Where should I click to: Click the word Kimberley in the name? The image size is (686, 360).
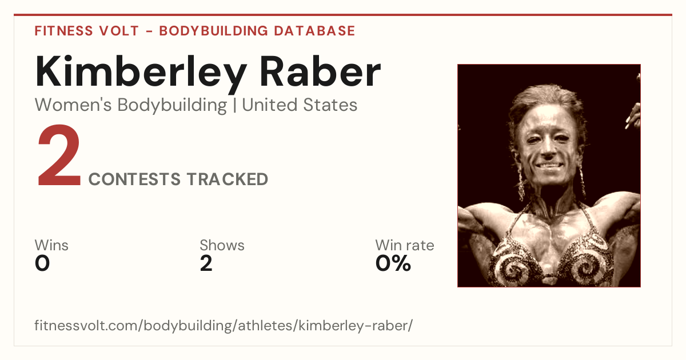pyautogui.click(x=141, y=74)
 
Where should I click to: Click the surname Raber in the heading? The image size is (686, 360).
pyautogui.click(x=320, y=71)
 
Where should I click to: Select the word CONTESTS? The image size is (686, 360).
pyautogui.click(x=134, y=179)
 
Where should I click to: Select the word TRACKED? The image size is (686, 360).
pyautogui.click(x=228, y=179)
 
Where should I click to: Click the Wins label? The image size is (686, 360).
pyautogui.click(x=51, y=245)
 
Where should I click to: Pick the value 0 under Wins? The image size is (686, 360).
pyautogui.click(x=42, y=263)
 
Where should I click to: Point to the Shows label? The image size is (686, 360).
pyautogui.click(x=222, y=245)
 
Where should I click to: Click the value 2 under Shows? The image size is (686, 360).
pyautogui.click(x=206, y=263)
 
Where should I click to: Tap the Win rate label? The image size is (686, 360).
pyautogui.click(x=405, y=245)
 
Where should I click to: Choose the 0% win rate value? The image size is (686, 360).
pyautogui.click(x=393, y=263)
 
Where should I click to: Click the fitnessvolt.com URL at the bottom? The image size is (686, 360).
pyautogui.click(x=224, y=325)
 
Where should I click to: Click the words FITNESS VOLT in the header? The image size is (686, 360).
pyautogui.click(x=87, y=31)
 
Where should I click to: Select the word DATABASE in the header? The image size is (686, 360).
pyautogui.click(x=314, y=31)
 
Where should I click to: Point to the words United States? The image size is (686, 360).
pyautogui.click(x=300, y=105)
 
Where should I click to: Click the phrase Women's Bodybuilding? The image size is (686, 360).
pyautogui.click(x=131, y=106)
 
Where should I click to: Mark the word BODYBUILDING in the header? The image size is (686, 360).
pyautogui.click(x=214, y=31)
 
